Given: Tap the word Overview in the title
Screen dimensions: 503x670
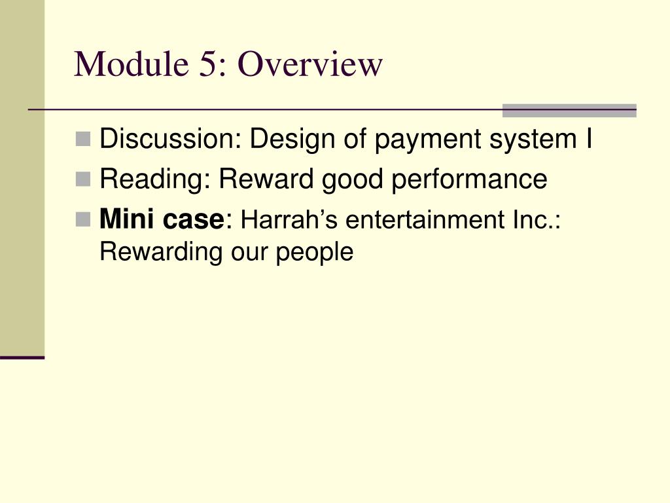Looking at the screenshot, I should (x=309, y=64).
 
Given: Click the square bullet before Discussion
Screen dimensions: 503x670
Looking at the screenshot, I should (x=82, y=138).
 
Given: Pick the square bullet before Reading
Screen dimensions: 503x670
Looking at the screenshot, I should (x=82, y=178).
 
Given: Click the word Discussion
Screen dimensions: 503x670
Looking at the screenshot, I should (x=170, y=139).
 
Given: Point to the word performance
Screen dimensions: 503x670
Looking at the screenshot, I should (x=469, y=179).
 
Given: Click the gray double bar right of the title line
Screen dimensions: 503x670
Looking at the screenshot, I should (x=569, y=111).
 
